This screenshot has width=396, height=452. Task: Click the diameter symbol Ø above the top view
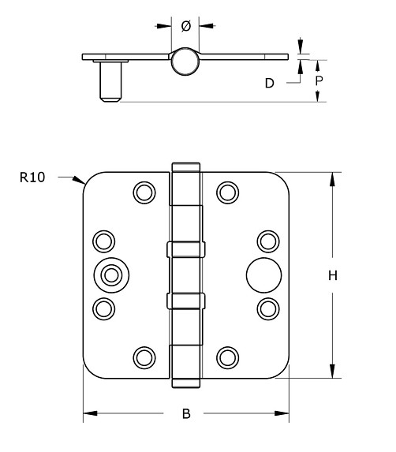[185, 26]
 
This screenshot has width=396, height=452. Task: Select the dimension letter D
[269, 82]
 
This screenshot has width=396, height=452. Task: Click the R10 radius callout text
[32, 177]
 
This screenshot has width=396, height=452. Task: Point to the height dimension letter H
[333, 275]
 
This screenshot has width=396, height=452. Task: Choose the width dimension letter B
[186, 413]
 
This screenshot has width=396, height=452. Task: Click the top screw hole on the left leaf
[144, 192]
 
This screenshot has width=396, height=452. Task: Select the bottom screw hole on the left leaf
[144, 357]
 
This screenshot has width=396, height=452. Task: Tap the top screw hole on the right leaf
[227, 192]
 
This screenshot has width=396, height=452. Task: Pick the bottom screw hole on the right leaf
[227, 357]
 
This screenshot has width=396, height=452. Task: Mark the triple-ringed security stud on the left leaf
[110, 274]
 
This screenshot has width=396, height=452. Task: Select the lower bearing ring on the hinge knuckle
[186, 301]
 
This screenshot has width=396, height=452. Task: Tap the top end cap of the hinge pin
[186, 167]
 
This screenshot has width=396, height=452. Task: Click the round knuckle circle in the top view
[185, 61]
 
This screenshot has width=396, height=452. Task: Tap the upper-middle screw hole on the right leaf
[269, 241]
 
